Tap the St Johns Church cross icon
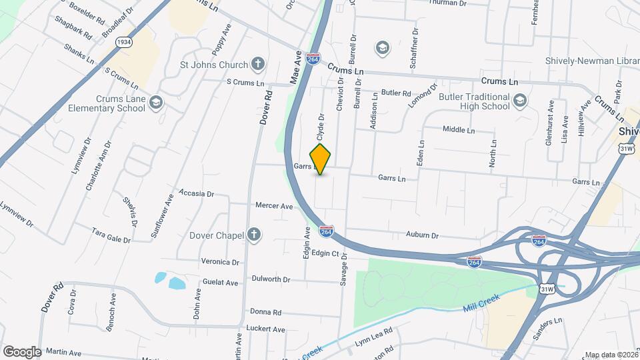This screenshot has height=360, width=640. (258, 65)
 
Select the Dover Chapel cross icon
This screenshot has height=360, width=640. (253, 234)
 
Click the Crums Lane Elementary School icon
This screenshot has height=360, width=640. (156, 102)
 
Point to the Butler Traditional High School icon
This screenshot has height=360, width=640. (520, 101)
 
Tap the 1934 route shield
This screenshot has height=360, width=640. (123, 42)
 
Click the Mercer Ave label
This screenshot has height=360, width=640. (274, 207)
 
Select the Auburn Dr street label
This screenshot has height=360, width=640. (422, 235)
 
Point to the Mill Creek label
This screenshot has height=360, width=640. (481, 301)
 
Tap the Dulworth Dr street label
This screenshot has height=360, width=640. (271, 279)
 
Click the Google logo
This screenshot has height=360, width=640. (21, 351)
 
